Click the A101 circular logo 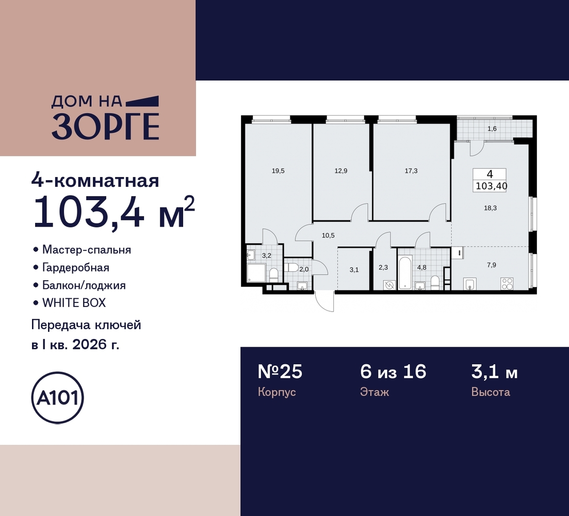[58, 397]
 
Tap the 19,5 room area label [278, 171]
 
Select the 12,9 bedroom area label [341, 171]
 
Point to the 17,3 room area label [411, 171]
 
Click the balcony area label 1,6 [492, 129]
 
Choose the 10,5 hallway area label [328, 235]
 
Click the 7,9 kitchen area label [492, 265]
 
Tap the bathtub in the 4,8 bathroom [405, 272]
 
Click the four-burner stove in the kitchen [507, 283]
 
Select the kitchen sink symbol [470, 284]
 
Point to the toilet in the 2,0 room [292, 267]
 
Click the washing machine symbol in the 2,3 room [389, 285]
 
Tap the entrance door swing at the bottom [325, 301]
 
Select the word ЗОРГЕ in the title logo [106, 126]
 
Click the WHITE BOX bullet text [74, 302]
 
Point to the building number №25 [280, 372]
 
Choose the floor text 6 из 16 [394, 372]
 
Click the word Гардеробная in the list [76, 268]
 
